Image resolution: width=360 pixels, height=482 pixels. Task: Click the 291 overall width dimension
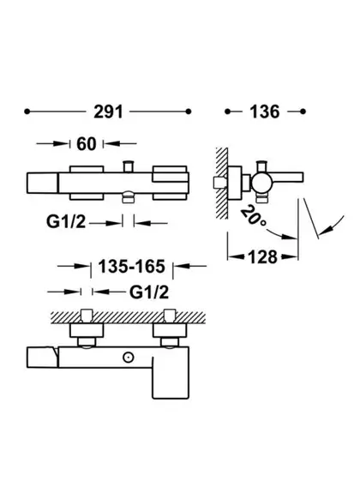tap(108, 111)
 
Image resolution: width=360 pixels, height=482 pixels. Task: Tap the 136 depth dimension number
tap(265, 111)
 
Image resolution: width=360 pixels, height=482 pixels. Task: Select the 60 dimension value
tap(87, 144)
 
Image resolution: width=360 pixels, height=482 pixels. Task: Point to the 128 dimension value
tap(262, 256)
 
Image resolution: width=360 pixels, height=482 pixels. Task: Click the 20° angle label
tap(253, 216)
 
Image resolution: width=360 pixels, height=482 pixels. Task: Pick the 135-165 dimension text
tap(131, 266)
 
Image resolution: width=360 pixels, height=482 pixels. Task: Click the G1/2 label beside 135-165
tap(149, 292)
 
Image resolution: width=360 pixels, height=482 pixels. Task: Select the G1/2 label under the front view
tap(66, 221)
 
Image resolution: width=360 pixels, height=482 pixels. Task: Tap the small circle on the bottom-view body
tap(128, 358)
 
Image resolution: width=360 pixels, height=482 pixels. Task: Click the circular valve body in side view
tap(262, 183)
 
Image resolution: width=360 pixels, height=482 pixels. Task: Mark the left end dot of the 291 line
tap(27, 111)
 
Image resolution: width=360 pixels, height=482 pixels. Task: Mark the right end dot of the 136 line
tap(303, 111)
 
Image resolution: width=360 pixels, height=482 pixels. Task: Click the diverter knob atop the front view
tap(128, 166)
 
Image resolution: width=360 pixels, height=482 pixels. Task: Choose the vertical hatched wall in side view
tap(221, 184)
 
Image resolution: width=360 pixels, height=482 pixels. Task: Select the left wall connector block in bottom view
tap(87, 330)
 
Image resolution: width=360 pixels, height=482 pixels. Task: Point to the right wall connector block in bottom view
tap(170, 330)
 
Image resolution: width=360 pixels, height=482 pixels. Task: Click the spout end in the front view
tap(42, 183)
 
